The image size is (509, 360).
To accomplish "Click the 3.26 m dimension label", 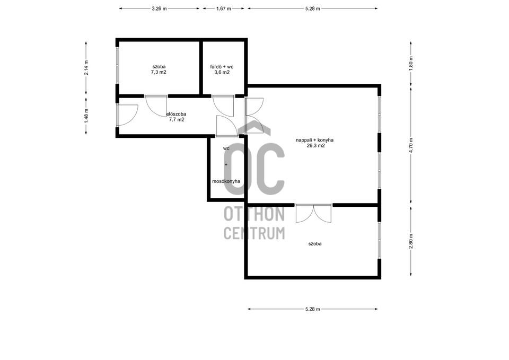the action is pyautogui.click(x=159, y=9).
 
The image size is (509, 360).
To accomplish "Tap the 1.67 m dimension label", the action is pyautogui.click(x=223, y=9).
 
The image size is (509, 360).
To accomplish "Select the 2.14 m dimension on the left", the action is pyautogui.click(x=86, y=68).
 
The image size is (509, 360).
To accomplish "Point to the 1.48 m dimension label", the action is pyautogui.click(x=86, y=115).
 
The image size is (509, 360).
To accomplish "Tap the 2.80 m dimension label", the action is pyautogui.click(x=411, y=241).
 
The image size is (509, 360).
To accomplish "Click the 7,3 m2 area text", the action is pyautogui.click(x=159, y=73).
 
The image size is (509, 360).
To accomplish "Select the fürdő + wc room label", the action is pyautogui.click(x=222, y=67).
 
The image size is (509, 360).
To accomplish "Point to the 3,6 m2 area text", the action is pyautogui.click(x=222, y=73).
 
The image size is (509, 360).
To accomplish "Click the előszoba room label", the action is pyautogui.click(x=176, y=115).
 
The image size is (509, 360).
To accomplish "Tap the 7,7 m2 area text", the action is pyautogui.click(x=177, y=119).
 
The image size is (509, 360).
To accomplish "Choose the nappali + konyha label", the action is pyautogui.click(x=314, y=140).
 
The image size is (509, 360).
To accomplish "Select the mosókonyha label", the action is pyautogui.click(x=226, y=181).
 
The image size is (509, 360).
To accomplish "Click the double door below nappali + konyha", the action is pyautogui.click(x=313, y=213).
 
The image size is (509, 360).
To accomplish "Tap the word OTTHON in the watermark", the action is pyautogui.click(x=254, y=214).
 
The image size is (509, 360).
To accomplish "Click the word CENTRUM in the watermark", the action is pyautogui.click(x=254, y=233).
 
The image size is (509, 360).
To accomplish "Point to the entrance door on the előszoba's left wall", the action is pyautogui.click(x=127, y=115).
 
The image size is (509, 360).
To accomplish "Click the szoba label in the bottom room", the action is pyautogui.click(x=315, y=244).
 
